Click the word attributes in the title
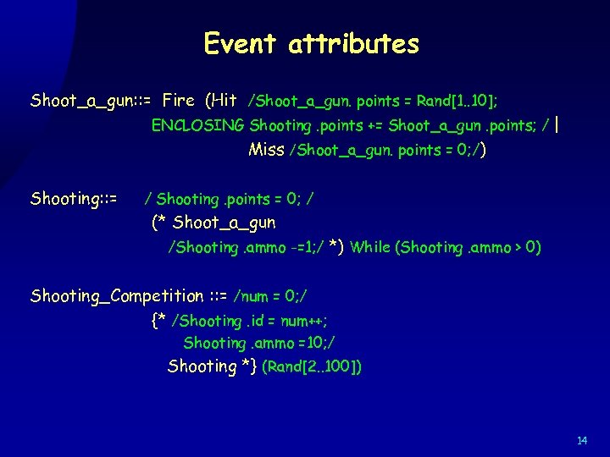point(353,43)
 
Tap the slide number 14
point(582,441)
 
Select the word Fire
point(178,101)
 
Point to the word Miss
point(267,150)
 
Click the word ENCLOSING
point(197,125)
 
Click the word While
point(370,247)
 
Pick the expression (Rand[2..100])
point(313,367)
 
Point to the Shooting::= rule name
point(74,199)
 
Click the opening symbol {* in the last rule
point(158,320)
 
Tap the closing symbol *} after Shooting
point(248,366)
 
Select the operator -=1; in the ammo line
point(296,247)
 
